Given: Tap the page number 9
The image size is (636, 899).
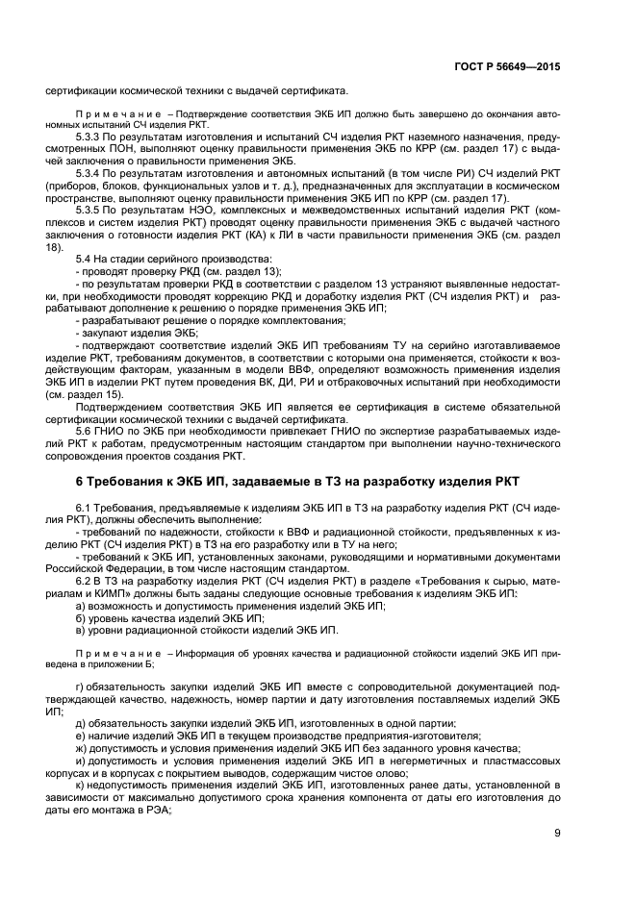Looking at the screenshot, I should pos(558,833).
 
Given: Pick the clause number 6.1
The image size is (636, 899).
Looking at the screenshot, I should pos(83,506).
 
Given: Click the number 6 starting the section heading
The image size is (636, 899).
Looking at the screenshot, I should pos(79,480).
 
